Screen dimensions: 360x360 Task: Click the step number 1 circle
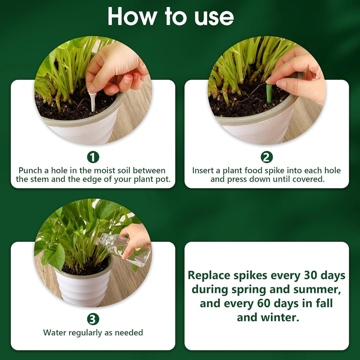pyautogui.click(x=93, y=157)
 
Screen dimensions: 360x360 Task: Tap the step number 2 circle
pyautogui.click(x=267, y=157)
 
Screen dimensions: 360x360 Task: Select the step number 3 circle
pyautogui.click(x=93, y=319)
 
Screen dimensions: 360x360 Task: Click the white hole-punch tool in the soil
pyautogui.click(x=92, y=100)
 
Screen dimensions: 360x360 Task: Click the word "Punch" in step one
pyautogui.click(x=31, y=171)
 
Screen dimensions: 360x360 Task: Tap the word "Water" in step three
pyautogui.click(x=54, y=333)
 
